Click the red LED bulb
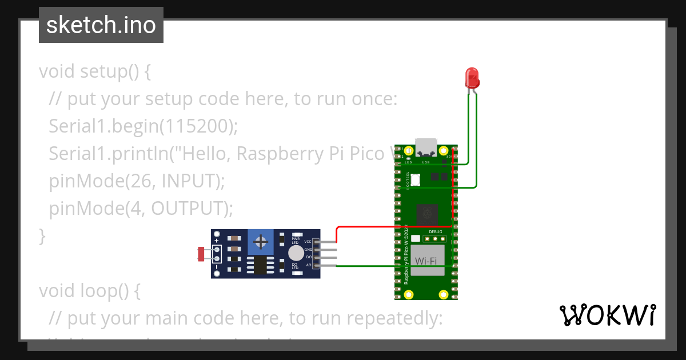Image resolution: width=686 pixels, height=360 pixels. click(472, 77)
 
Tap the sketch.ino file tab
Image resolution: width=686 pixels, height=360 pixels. click(101, 25)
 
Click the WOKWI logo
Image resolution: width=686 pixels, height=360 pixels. click(607, 315)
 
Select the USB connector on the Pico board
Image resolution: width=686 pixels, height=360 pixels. click(426, 147)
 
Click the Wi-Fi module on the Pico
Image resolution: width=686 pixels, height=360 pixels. click(426, 261)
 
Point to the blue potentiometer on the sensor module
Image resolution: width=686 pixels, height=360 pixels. click(261, 242)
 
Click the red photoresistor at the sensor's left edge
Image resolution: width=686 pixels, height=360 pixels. click(201, 253)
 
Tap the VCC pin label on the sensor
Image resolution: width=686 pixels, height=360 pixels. click(308, 242)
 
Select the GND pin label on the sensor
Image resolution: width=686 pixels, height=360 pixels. click(308, 250)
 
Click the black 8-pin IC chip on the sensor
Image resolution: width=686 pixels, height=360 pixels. click(260, 265)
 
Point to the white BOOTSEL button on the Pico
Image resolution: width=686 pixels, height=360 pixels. click(416, 180)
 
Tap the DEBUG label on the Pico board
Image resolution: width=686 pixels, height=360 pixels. click(435, 232)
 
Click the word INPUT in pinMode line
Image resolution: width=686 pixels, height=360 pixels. click(191, 181)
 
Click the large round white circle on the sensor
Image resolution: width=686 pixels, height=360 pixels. click(296, 253)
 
